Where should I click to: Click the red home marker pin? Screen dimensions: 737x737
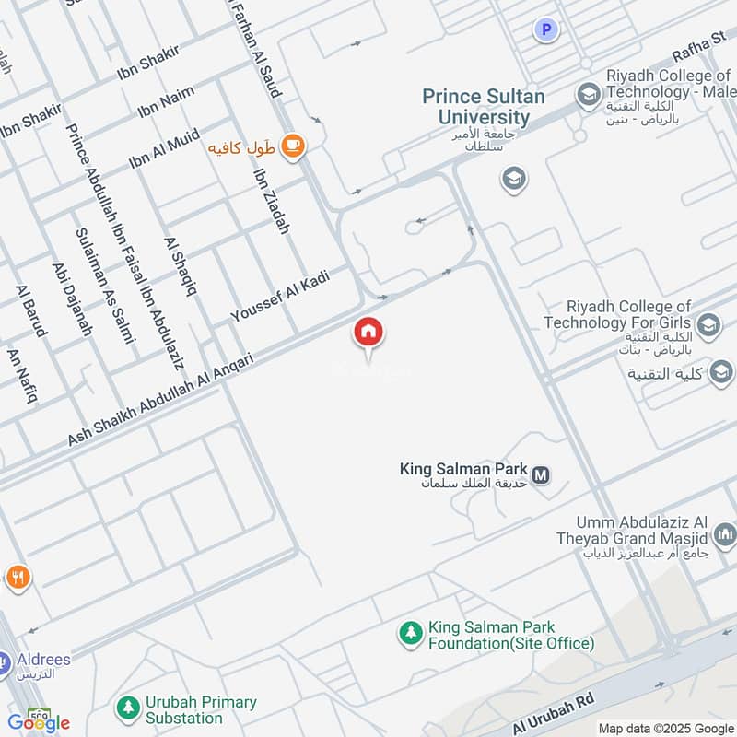tap(368, 333)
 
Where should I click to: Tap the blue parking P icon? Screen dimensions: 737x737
tap(547, 30)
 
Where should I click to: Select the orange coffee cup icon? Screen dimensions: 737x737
tap(292, 146)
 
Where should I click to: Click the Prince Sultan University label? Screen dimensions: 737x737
tap(484, 107)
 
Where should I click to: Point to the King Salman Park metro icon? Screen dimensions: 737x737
tap(541, 475)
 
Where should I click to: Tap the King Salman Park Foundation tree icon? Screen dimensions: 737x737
tap(409, 634)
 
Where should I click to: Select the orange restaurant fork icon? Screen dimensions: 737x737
tap(18, 578)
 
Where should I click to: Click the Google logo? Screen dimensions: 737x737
tap(39, 723)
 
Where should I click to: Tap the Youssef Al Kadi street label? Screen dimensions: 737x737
tap(280, 298)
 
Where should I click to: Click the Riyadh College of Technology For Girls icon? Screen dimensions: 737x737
tap(708, 323)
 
